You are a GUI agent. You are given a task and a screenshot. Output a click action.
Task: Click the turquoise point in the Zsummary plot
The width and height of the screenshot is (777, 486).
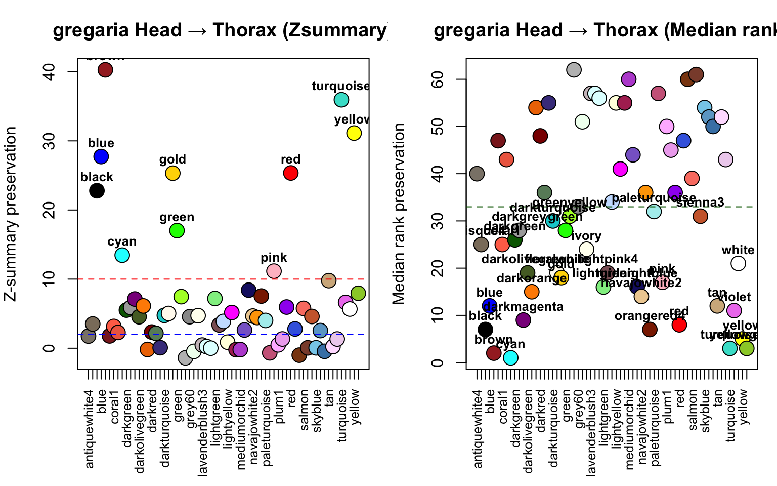tap(341, 100)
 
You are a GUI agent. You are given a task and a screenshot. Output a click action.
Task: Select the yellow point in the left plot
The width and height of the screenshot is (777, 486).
tap(354, 133)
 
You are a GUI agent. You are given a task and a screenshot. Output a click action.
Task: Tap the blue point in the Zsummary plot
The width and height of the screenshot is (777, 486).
tap(101, 157)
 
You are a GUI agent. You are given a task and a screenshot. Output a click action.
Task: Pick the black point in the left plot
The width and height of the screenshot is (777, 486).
tap(97, 191)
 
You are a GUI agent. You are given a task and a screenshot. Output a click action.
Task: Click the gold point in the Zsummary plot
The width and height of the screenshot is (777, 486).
tap(172, 173)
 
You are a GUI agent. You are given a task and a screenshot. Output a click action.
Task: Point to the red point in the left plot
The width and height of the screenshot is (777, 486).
tap(290, 173)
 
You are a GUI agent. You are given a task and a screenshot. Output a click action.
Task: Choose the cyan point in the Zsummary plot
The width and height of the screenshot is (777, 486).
tap(122, 255)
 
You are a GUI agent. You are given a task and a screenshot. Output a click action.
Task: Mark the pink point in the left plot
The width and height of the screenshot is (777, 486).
tap(274, 271)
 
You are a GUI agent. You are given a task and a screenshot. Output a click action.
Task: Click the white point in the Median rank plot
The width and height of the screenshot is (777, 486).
tap(738, 263)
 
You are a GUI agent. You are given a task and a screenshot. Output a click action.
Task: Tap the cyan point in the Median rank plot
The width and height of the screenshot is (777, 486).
tap(510, 358)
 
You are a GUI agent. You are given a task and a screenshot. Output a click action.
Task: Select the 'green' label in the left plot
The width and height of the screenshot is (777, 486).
tap(177, 217)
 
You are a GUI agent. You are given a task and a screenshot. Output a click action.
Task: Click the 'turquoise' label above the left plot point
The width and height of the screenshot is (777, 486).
tap(341, 86)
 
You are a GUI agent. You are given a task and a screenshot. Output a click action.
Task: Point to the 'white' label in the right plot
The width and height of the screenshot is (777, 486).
tap(738, 250)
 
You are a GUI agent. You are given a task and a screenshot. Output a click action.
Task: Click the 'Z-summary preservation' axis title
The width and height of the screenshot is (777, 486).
tap(11, 214)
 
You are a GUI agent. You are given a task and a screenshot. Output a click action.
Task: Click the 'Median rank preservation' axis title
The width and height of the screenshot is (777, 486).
tap(399, 214)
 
